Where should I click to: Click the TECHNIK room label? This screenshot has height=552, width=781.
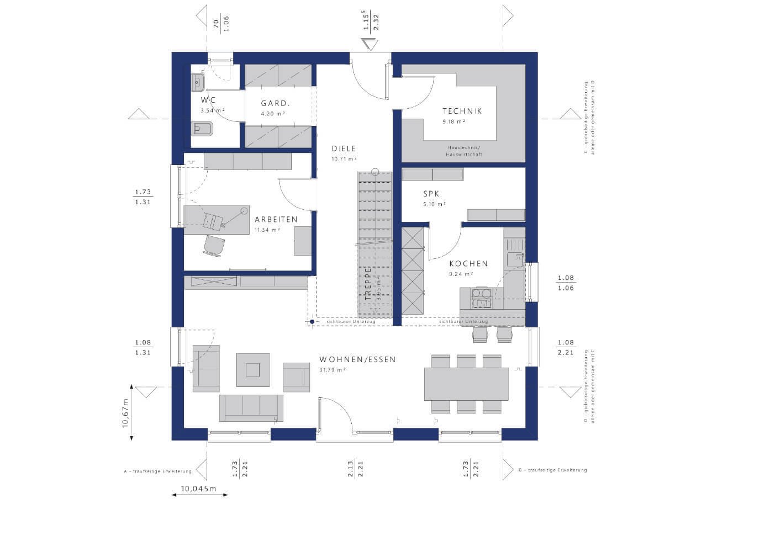462,111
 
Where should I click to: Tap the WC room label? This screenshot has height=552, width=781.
208,100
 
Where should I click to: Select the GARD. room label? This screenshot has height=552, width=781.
275,103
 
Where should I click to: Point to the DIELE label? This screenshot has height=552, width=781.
344,148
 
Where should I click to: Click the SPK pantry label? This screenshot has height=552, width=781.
431,194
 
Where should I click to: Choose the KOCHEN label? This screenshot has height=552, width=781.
468,263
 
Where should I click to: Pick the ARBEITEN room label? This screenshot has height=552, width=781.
276,219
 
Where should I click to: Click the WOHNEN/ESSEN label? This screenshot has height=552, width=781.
357,359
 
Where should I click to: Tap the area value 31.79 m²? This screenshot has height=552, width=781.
333,370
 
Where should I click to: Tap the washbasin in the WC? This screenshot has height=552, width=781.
198,83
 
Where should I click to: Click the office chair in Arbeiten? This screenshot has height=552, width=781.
214,246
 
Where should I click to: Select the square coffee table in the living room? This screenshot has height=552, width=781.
253,369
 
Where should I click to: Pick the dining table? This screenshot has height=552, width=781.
466,384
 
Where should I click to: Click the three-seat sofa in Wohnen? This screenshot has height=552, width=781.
251,408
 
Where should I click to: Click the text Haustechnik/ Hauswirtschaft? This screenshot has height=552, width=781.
464,151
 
